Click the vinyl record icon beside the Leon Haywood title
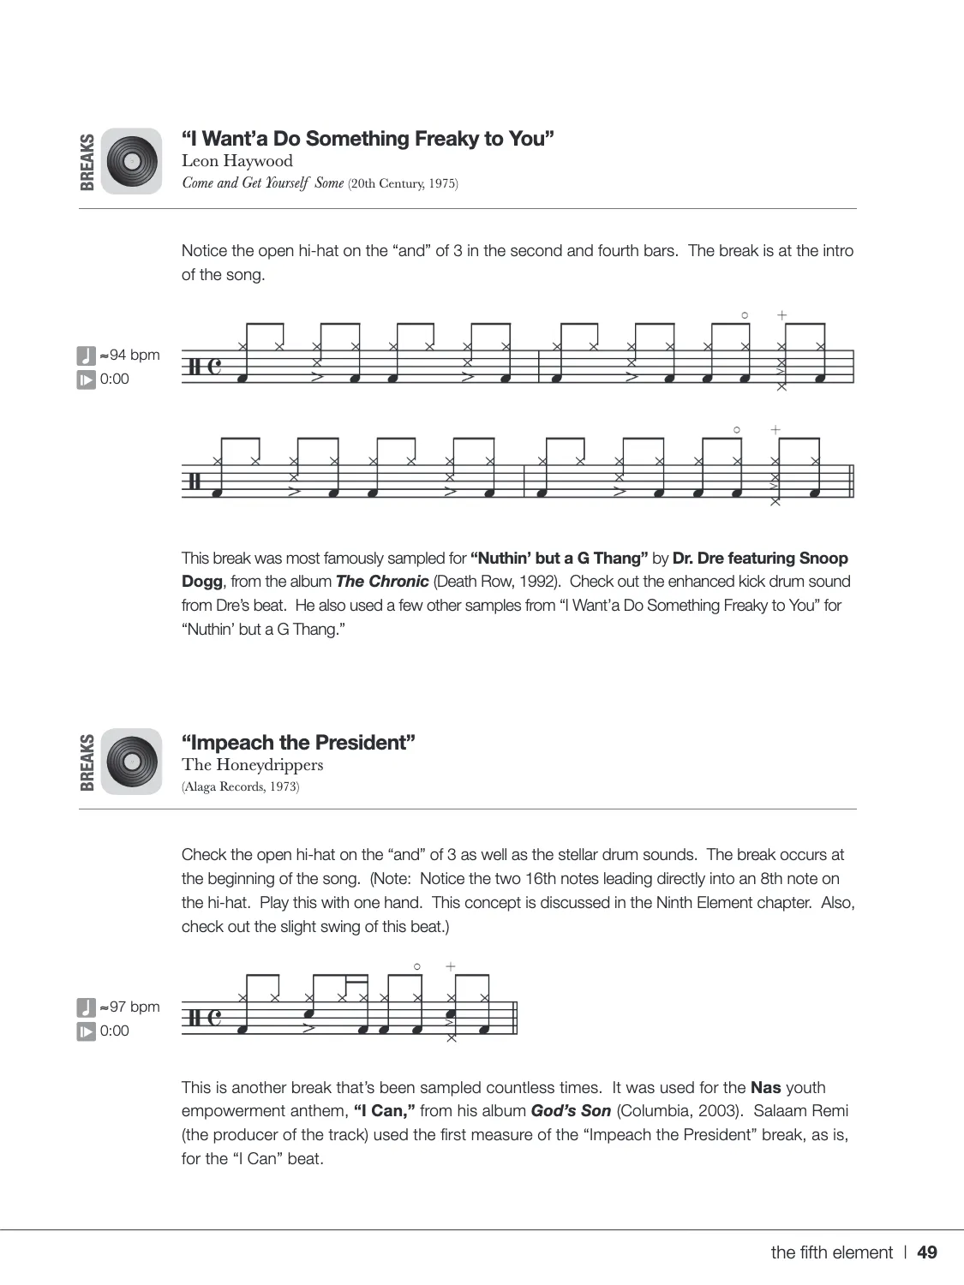tap(131, 161)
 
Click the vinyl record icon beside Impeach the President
tap(131, 762)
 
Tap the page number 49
tap(927, 1252)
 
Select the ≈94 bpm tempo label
tap(129, 355)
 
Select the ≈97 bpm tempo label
tap(129, 1007)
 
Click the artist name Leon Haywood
tap(237, 161)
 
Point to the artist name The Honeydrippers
tap(252, 765)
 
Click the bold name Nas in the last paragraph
tap(765, 1088)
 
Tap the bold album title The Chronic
tap(382, 582)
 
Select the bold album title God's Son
tap(571, 1111)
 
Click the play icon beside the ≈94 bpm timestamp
tap(87, 380)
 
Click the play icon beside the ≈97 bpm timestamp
tap(87, 1031)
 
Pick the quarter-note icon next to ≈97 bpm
tap(87, 1007)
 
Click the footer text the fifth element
tap(831, 1252)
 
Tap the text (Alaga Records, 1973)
tap(241, 787)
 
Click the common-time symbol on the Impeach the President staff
tap(214, 1018)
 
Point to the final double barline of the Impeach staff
tap(515, 1018)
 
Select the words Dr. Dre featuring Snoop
tap(760, 559)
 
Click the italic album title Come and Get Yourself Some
tap(263, 183)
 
